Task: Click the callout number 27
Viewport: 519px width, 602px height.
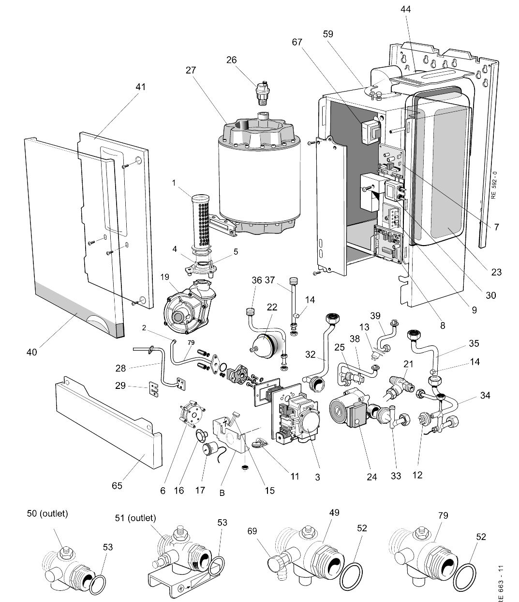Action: (x=191, y=70)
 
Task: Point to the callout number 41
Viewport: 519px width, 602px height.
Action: (x=140, y=87)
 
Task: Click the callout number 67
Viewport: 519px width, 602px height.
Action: (x=297, y=42)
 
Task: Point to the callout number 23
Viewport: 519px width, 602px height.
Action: (x=496, y=272)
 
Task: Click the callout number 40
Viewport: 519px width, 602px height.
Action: (x=31, y=353)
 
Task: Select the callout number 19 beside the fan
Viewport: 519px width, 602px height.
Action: (x=165, y=278)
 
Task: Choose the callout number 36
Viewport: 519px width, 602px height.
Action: (x=256, y=281)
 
